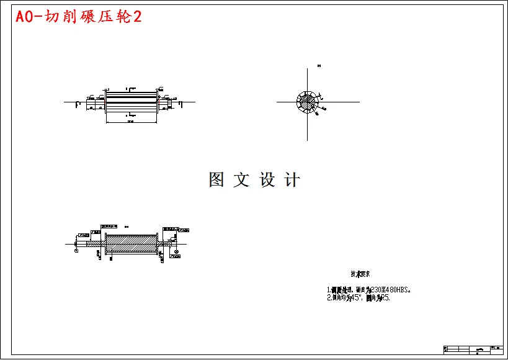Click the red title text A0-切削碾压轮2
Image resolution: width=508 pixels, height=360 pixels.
pyautogui.click(x=78, y=17)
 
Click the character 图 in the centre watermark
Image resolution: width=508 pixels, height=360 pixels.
pyautogui.click(x=216, y=180)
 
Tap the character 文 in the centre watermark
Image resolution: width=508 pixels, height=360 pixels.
pyautogui.click(x=241, y=180)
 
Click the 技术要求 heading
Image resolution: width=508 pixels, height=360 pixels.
pyautogui.click(x=361, y=274)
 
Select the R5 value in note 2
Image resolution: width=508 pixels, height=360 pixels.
pyautogui.click(x=386, y=298)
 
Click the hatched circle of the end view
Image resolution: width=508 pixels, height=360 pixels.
pyautogui.click(x=306, y=102)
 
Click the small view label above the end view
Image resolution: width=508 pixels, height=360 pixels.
pyautogui.click(x=319, y=65)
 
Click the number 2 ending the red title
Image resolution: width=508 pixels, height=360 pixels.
pyautogui.click(x=137, y=17)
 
